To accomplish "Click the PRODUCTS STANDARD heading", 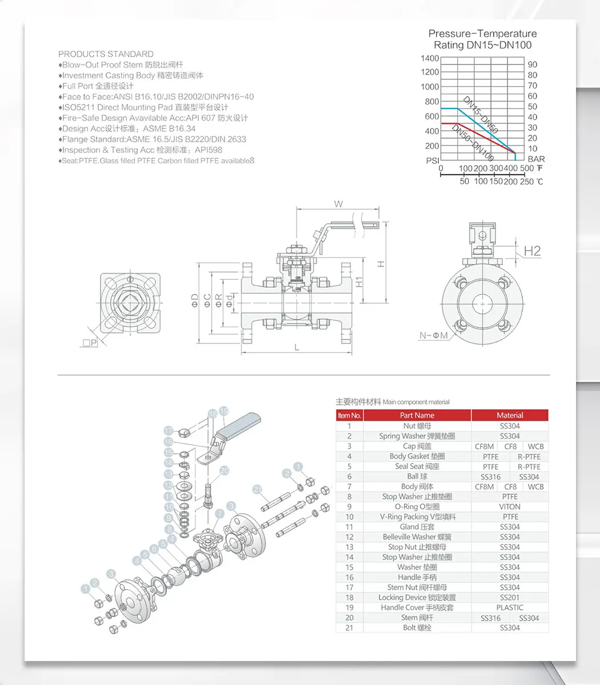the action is pyautogui.click(x=106, y=54).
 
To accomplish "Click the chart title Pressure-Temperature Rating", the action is pyautogui.click(x=482, y=39).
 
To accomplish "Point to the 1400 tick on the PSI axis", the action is pyautogui.click(x=430, y=58).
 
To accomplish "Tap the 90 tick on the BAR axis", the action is pyautogui.click(x=533, y=65).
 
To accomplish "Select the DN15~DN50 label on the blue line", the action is pyautogui.click(x=481, y=115).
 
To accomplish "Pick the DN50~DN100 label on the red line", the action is pyautogui.click(x=473, y=143).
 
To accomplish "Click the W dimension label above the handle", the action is pyautogui.click(x=338, y=204).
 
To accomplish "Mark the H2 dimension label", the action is pyautogui.click(x=533, y=251).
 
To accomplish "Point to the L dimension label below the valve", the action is pyautogui.click(x=297, y=348).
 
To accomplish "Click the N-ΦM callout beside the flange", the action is pyautogui.click(x=434, y=335).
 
